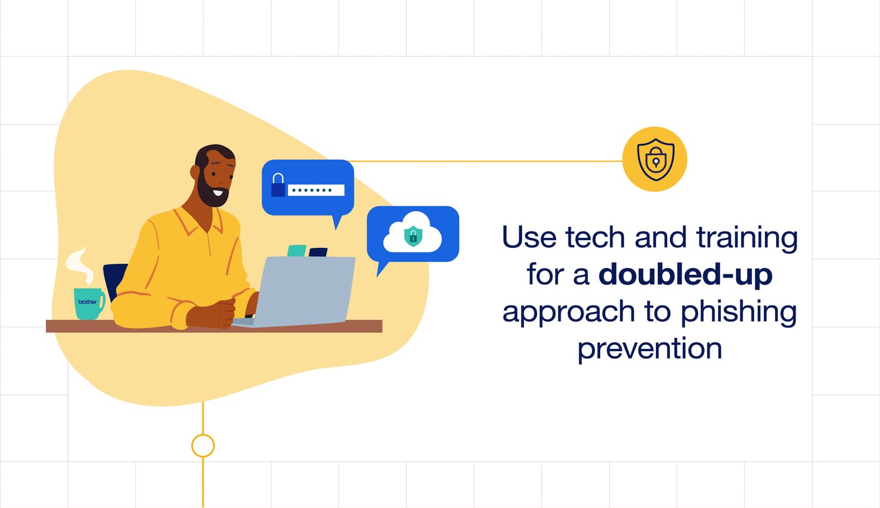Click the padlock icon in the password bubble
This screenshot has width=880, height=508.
(278, 185)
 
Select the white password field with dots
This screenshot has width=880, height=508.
(316, 190)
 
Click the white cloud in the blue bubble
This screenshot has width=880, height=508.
(412, 234)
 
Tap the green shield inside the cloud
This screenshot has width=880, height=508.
(413, 236)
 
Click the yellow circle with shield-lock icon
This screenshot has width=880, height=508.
(655, 159)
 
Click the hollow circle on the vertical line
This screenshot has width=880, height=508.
(203, 445)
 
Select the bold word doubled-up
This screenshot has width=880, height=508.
(685, 274)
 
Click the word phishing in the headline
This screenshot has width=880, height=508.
(739, 312)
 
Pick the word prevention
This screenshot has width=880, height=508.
(649, 348)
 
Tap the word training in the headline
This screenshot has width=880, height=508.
(747, 238)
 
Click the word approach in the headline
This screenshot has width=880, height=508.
(568, 312)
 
